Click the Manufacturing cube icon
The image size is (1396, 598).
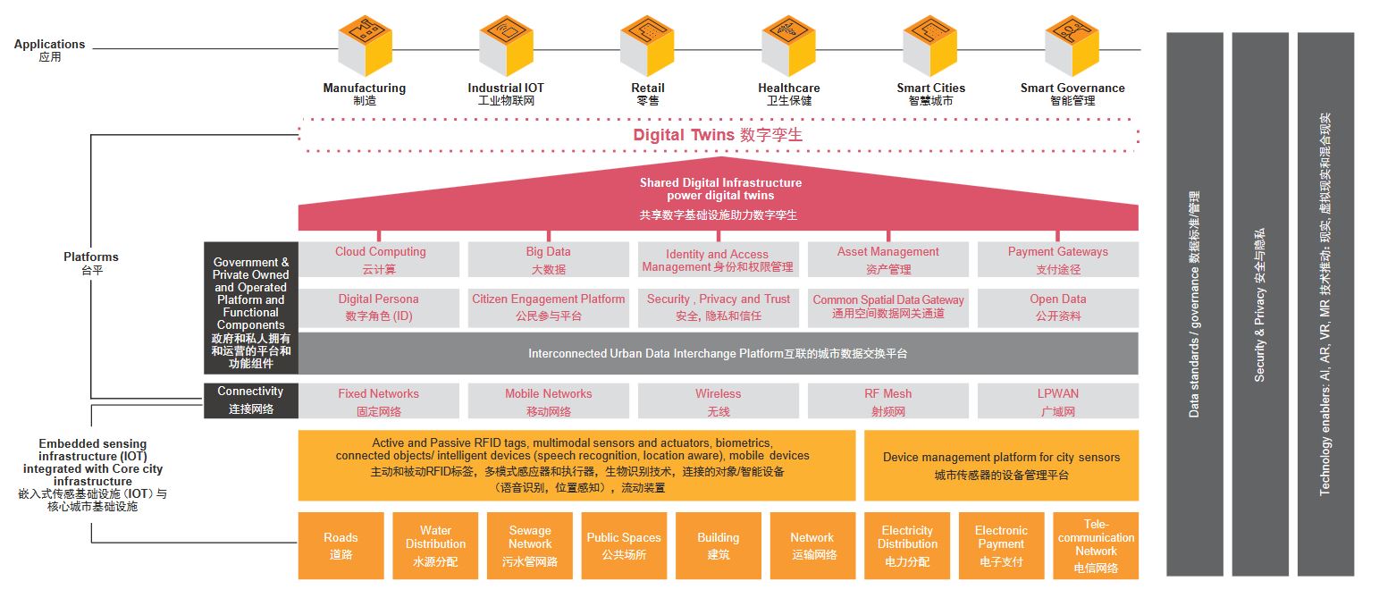point(365,47)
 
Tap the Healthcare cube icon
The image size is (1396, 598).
point(788,47)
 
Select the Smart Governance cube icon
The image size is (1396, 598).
point(1072,47)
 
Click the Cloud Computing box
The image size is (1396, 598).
point(380,259)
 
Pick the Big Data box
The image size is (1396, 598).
point(548,259)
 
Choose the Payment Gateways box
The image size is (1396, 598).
point(1057,259)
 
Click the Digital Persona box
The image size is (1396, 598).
point(378,307)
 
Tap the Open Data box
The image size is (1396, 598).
point(1057,307)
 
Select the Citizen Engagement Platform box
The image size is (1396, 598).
point(548,307)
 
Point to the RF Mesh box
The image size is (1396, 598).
point(887,401)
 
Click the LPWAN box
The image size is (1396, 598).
point(1057,401)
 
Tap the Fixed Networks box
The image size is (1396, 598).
point(378,401)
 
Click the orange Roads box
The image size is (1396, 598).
point(341,545)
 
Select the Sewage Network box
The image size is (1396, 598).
point(530,545)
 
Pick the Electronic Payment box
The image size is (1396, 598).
point(1001,545)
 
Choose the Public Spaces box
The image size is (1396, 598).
point(624,545)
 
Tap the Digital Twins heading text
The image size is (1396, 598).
point(718,136)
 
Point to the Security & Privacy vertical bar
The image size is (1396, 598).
point(1259,304)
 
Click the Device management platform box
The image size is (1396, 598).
point(1001,465)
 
